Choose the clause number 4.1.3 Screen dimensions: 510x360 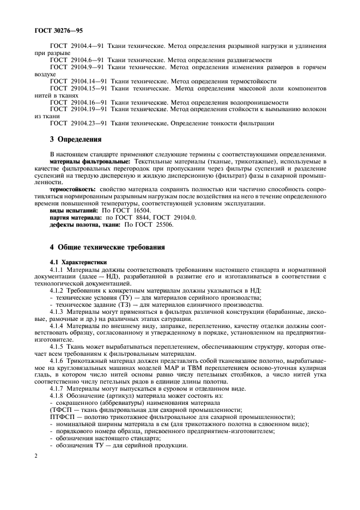point(58,312)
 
